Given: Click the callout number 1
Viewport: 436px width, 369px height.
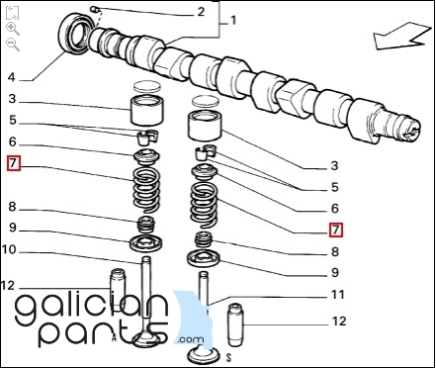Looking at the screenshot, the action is point(233,21).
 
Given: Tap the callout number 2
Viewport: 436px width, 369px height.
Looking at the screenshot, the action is point(201,12).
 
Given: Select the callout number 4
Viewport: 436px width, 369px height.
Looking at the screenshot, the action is point(12,77).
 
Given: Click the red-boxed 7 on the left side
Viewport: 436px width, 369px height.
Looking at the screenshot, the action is point(14,164).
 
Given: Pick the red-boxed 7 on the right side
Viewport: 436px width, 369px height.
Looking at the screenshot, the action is point(336,230).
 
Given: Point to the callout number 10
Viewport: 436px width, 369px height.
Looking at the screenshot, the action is point(9,250).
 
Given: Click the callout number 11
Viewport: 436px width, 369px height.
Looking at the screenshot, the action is point(337,294).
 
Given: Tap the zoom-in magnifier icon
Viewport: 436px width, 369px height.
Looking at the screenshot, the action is point(13,29).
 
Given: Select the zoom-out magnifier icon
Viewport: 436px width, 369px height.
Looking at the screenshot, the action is point(13,45).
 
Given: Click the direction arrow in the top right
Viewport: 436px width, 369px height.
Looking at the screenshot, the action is point(402,37).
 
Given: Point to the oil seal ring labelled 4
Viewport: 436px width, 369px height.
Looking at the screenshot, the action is point(74,33).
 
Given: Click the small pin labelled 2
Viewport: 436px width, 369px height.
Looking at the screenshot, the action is point(96,9).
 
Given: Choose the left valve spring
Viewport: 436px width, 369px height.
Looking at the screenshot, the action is point(146,190).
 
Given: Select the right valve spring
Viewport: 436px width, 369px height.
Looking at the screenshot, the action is point(205,205).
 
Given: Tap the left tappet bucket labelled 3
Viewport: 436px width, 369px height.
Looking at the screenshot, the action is point(146,110).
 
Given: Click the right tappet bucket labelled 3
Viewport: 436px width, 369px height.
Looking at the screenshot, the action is point(205,126).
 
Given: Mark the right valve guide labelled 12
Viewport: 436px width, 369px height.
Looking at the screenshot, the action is point(235,324).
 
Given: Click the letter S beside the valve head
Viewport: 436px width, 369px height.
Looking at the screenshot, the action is point(228,357).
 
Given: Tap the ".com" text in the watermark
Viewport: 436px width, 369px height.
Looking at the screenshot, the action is point(190,339).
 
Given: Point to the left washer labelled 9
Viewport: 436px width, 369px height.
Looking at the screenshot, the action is point(145,243).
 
